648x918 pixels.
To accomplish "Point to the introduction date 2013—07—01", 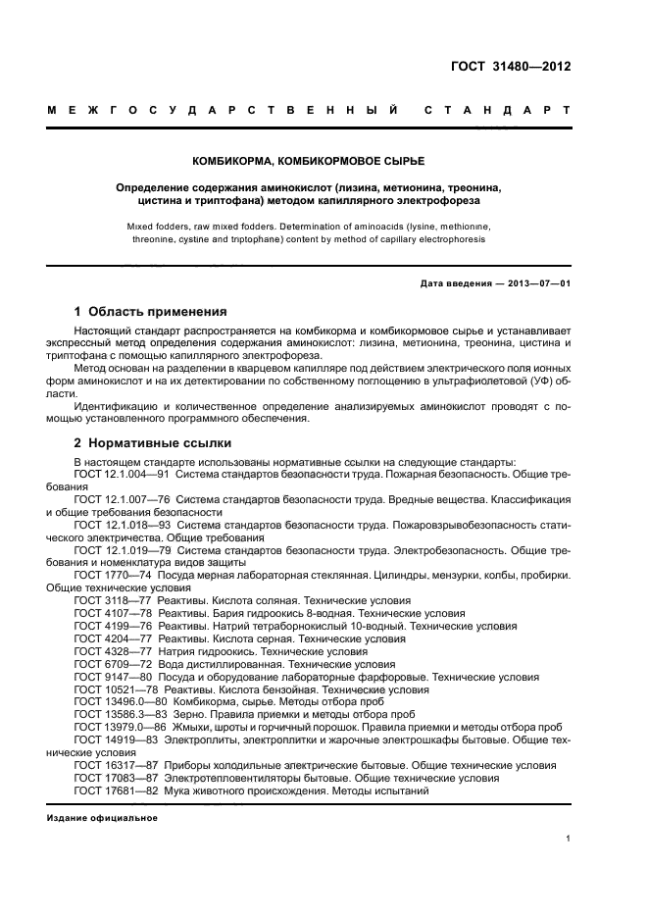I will [538, 283].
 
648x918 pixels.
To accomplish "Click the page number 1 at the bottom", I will [569, 838].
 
